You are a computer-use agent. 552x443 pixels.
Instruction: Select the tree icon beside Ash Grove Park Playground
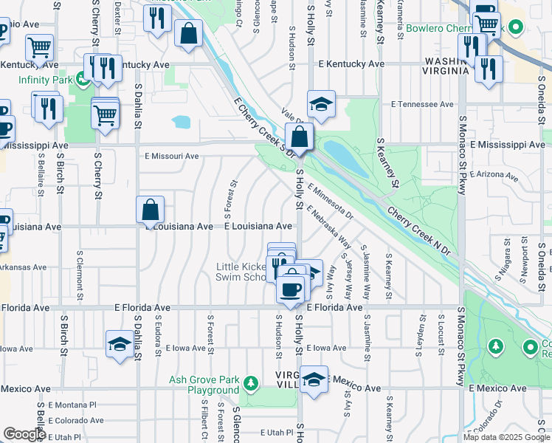251,383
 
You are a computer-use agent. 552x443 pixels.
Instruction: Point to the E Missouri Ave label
172,156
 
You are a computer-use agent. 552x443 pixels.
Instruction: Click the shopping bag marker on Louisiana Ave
151,210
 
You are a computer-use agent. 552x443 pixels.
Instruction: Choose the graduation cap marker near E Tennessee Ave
321,105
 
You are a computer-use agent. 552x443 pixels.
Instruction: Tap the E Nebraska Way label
330,229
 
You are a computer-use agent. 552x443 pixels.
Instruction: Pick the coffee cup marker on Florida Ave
291,287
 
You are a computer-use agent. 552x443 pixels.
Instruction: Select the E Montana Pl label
72,405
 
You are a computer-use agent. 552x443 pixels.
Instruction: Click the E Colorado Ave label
76,420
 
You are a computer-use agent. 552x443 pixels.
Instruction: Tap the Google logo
24,434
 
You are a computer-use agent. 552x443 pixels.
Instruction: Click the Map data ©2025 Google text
506,437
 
